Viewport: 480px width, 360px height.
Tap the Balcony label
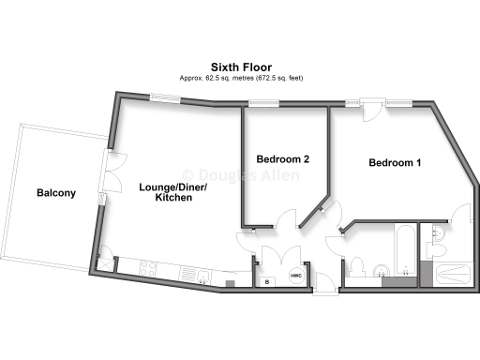56,193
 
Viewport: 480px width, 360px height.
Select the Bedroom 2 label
282,159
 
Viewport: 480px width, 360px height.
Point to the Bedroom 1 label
394,163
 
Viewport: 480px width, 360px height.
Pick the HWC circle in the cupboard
295,277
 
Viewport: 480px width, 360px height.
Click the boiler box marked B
267,280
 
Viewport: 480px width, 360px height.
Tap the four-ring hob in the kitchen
149,271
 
